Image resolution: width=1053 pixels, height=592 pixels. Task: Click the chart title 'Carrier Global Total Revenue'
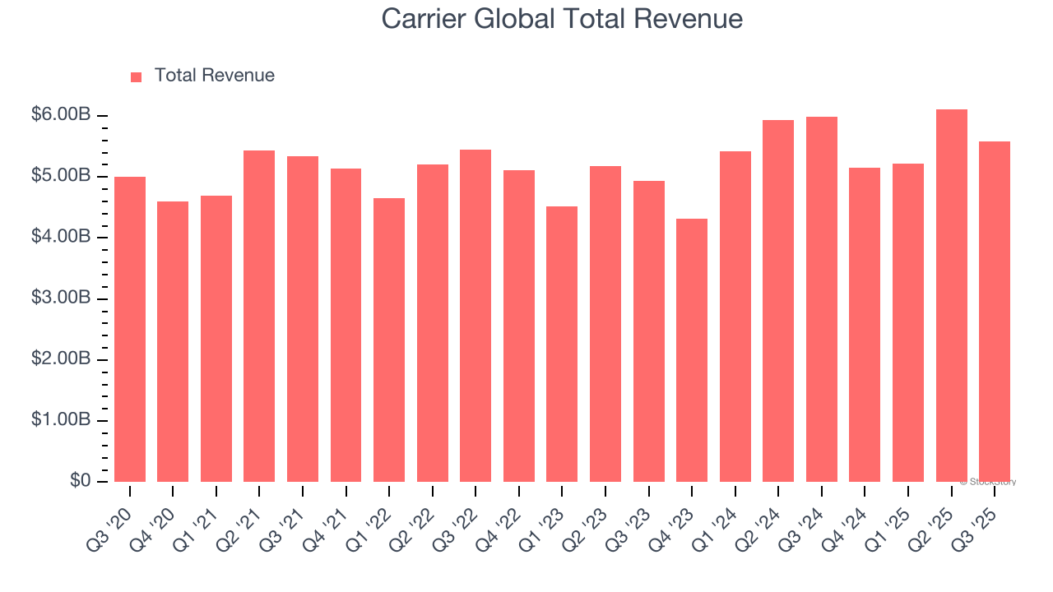(x=562, y=19)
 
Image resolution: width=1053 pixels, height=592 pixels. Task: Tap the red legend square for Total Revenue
(x=137, y=76)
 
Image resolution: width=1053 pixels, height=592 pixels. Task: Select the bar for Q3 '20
(x=130, y=329)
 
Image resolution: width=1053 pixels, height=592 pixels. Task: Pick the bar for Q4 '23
(x=692, y=350)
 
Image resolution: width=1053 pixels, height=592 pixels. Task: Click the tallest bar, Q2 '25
(x=951, y=296)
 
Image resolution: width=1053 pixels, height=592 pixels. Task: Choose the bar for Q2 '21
(x=259, y=317)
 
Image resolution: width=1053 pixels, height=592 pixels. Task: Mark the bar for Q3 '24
(x=821, y=299)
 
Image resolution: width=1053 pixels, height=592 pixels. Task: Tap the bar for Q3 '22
(x=475, y=316)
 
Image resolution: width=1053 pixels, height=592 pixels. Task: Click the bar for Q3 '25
(x=995, y=312)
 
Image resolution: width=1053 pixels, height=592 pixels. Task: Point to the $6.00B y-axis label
(x=61, y=115)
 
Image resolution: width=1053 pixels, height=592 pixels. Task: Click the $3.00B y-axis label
(x=61, y=298)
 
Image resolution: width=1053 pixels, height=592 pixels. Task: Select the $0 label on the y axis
(x=79, y=481)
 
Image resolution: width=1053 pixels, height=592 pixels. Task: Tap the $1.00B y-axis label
(x=61, y=420)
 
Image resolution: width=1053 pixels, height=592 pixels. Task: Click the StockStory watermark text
(x=988, y=482)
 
